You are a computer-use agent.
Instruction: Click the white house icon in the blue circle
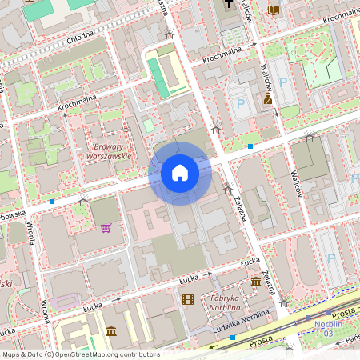(x=180, y=173)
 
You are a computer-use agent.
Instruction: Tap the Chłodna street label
(x=79, y=37)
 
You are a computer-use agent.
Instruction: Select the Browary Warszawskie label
(x=102, y=151)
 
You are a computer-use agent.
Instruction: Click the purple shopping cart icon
(x=106, y=228)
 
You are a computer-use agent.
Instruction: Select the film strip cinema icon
(x=188, y=300)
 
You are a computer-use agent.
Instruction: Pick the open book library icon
(x=274, y=10)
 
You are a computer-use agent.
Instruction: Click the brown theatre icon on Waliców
(x=268, y=99)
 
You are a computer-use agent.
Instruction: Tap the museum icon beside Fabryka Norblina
(x=255, y=282)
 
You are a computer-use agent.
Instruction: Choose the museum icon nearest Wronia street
(x=110, y=331)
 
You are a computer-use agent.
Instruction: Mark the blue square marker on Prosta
(x=233, y=338)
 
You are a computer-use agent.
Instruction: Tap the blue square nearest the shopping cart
(x=52, y=202)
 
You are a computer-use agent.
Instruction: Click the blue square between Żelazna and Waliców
(x=250, y=146)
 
